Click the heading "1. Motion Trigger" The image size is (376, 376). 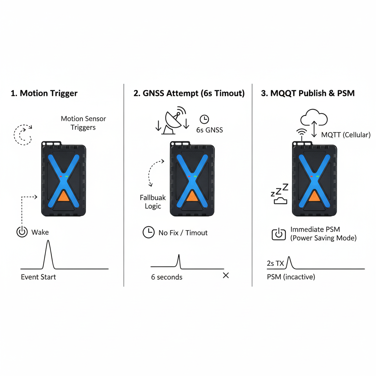[x=44, y=93]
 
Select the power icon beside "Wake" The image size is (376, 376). [x=22, y=232]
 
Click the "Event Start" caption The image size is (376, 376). [x=38, y=277]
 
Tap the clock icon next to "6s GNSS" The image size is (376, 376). [x=204, y=119]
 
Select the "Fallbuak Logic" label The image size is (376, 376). [x=153, y=202]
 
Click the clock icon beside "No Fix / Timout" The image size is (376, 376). [x=148, y=232]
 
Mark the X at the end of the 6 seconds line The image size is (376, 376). [x=226, y=275]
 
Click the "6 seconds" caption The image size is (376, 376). [x=167, y=277]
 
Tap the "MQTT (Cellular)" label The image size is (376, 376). [x=346, y=135]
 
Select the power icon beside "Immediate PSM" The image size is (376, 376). [x=279, y=234]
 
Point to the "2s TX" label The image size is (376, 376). [x=275, y=263]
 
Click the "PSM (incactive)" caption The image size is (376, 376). [x=291, y=277]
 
